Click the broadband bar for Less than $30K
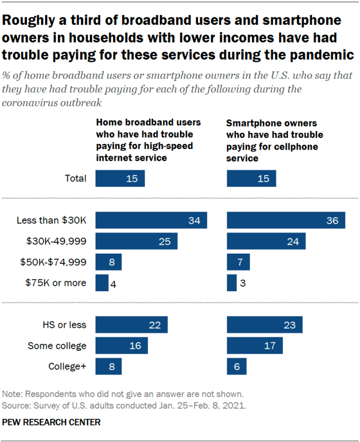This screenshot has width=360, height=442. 151,220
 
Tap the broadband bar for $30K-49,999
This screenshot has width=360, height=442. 136,241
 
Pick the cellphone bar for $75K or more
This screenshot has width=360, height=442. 231,283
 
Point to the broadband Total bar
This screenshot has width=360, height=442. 120,178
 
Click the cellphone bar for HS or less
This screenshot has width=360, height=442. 264,324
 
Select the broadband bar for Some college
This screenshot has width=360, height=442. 121,345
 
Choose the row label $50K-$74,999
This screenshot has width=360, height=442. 54,262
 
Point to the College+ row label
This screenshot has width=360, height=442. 67,367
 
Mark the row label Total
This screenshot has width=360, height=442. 75,179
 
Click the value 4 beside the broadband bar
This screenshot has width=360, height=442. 114,283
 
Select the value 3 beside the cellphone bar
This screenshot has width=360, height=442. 242,283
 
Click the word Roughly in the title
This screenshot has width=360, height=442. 28,21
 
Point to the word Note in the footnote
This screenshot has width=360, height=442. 12,394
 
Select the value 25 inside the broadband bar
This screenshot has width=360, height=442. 165,241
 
